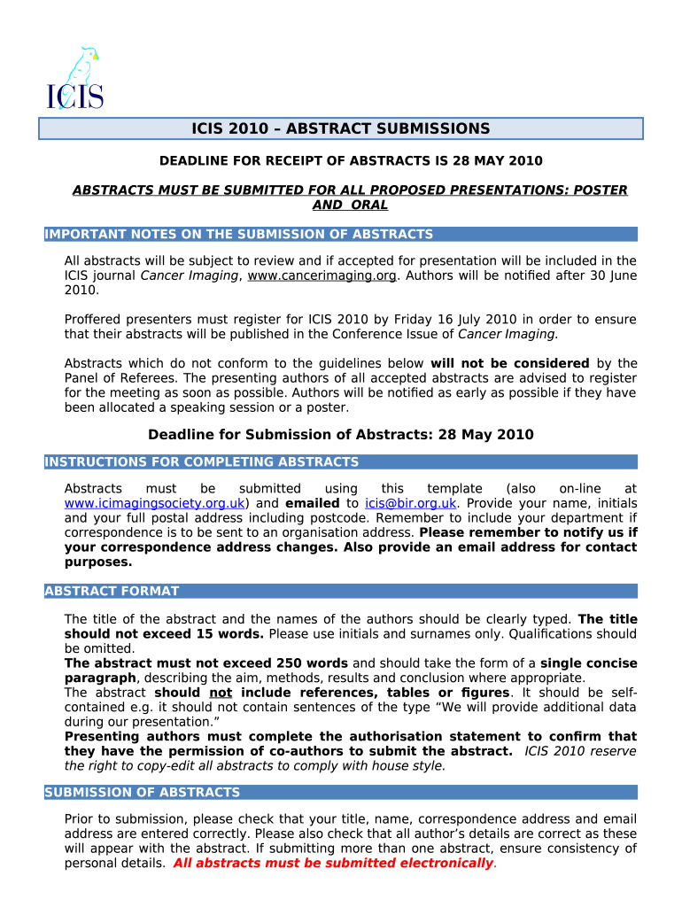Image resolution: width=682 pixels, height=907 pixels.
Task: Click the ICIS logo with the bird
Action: [x=75, y=79]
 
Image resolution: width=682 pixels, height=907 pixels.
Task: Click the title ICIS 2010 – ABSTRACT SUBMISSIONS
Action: [x=341, y=129]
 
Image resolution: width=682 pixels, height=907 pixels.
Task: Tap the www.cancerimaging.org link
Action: [x=322, y=275]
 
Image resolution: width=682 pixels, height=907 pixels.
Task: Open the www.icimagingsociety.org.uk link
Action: [x=154, y=503]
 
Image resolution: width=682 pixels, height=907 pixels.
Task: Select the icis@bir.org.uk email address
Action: [x=411, y=503]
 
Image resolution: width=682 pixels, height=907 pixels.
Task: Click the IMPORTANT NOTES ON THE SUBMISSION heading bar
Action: [x=239, y=235]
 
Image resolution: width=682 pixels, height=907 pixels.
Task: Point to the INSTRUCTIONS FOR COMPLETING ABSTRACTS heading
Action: [x=202, y=462]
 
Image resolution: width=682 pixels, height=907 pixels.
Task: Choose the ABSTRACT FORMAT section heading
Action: [x=112, y=591]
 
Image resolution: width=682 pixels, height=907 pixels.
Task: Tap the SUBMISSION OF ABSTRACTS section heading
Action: [x=142, y=793]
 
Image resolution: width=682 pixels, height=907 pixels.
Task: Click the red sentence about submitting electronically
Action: [x=333, y=864]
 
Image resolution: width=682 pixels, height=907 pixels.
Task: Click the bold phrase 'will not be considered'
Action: [x=509, y=363]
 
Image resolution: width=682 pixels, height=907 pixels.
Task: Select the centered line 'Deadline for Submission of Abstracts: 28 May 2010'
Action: [x=341, y=435]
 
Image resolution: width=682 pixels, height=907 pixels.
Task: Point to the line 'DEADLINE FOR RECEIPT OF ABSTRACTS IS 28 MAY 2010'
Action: [x=351, y=161]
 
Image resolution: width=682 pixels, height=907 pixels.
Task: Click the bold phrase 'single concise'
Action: [x=588, y=663]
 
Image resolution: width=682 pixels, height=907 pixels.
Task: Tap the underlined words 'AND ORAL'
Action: [x=351, y=205]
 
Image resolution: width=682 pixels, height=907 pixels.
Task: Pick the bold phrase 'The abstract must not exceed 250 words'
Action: [x=206, y=663]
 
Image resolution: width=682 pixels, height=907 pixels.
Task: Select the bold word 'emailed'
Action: [x=312, y=503]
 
